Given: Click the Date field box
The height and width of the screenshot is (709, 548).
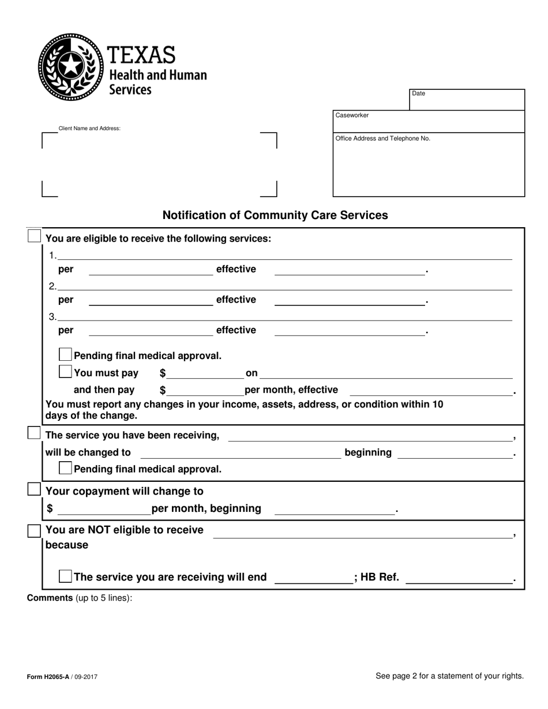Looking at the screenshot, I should coord(467,100).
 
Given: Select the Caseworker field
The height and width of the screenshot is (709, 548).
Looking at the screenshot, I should coord(429,122).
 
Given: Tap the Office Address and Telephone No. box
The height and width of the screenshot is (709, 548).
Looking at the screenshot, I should coord(429,165).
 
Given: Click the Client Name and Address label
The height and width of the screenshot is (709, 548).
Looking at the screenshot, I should coord(89,129).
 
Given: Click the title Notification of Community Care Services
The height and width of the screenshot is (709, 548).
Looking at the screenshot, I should coord(275,216).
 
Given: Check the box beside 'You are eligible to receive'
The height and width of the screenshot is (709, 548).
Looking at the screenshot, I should coord(35,236).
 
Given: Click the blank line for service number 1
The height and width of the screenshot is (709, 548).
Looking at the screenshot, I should coord(284,255).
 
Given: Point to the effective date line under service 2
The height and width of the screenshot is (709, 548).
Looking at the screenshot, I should coord(349,300).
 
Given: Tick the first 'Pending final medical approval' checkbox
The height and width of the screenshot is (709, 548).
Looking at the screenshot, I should coord(66,354).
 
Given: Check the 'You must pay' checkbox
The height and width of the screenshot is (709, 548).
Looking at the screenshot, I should coord(66,372).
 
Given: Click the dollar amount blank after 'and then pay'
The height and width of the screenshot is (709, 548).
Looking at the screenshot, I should coord(205,390).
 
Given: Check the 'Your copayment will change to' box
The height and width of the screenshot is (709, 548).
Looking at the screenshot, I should coord(35,489).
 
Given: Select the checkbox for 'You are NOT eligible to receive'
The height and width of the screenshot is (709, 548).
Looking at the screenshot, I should coord(35,530).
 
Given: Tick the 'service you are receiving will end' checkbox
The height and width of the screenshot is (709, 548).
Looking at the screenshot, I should coord(66,576).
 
